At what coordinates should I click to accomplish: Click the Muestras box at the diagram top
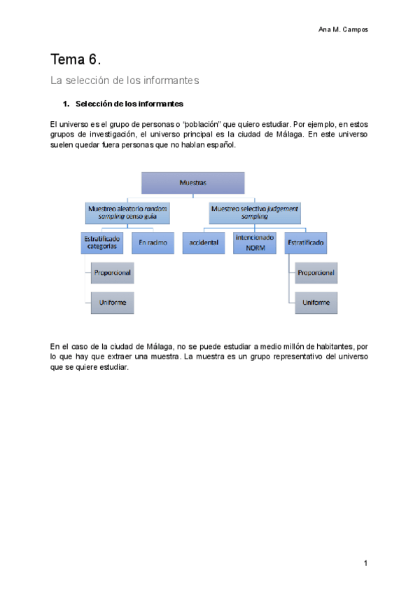pyautogui.click(x=192, y=183)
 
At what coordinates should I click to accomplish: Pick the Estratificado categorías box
pyautogui.click(x=101, y=243)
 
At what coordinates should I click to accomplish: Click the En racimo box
pyautogui.click(x=153, y=242)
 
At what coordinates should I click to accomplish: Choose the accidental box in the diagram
pyautogui.click(x=204, y=242)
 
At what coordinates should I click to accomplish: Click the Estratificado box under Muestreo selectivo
pyautogui.click(x=306, y=242)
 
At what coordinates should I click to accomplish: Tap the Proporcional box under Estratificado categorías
pyautogui.click(x=113, y=272)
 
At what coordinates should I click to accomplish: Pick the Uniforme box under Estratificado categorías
pyautogui.click(x=113, y=302)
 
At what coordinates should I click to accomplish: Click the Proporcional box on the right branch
pyautogui.click(x=316, y=272)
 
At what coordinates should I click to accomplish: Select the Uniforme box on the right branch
pyautogui.click(x=316, y=302)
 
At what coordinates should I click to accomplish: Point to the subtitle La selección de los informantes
pyautogui.click(x=125, y=81)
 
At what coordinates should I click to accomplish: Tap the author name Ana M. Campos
pyautogui.click(x=343, y=29)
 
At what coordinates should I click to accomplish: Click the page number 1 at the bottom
pyautogui.click(x=365, y=563)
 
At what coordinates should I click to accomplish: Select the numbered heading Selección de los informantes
pyautogui.click(x=129, y=104)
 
